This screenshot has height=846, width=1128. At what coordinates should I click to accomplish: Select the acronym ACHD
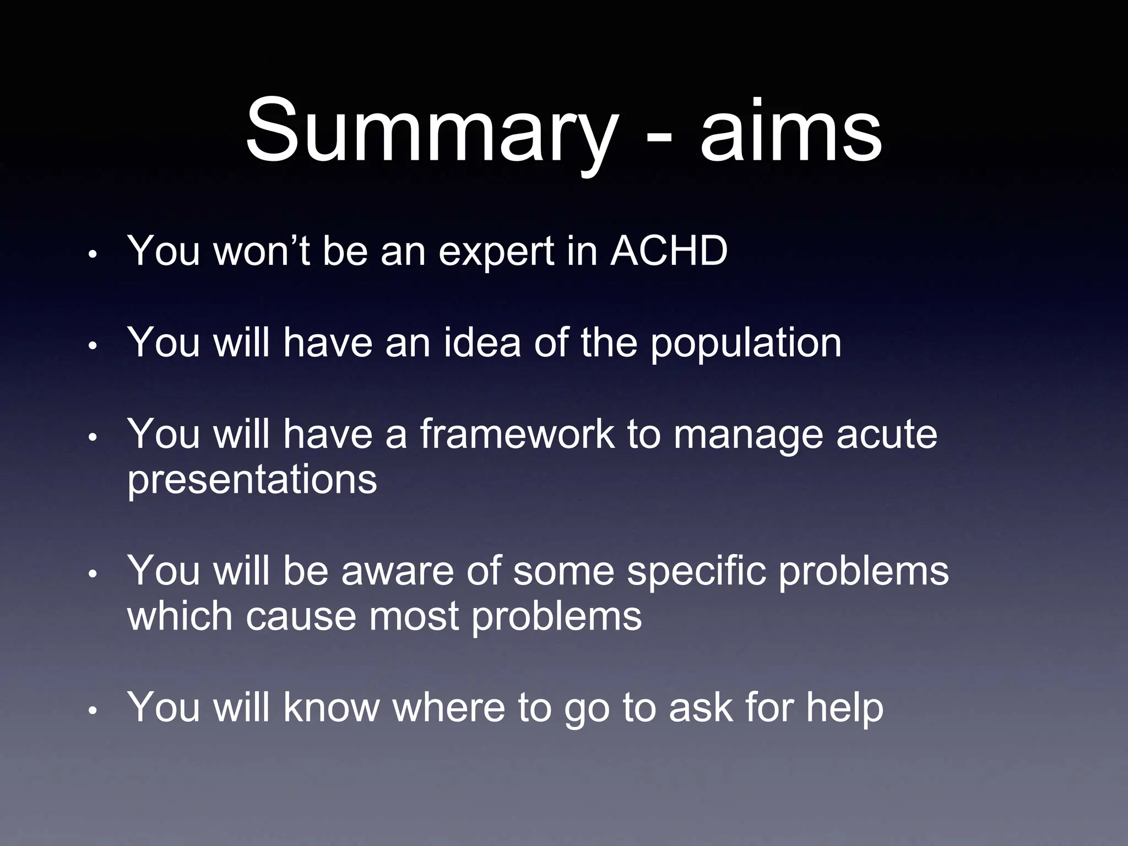pyautogui.click(x=669, y=251)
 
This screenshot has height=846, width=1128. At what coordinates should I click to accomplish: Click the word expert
pyautogui.click(x=497, y=252)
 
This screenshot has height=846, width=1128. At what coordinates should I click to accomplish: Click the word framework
pyautogui.click(x=516, y=434)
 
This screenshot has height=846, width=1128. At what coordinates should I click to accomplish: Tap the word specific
pyautogui.click(x=696, y=572)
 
